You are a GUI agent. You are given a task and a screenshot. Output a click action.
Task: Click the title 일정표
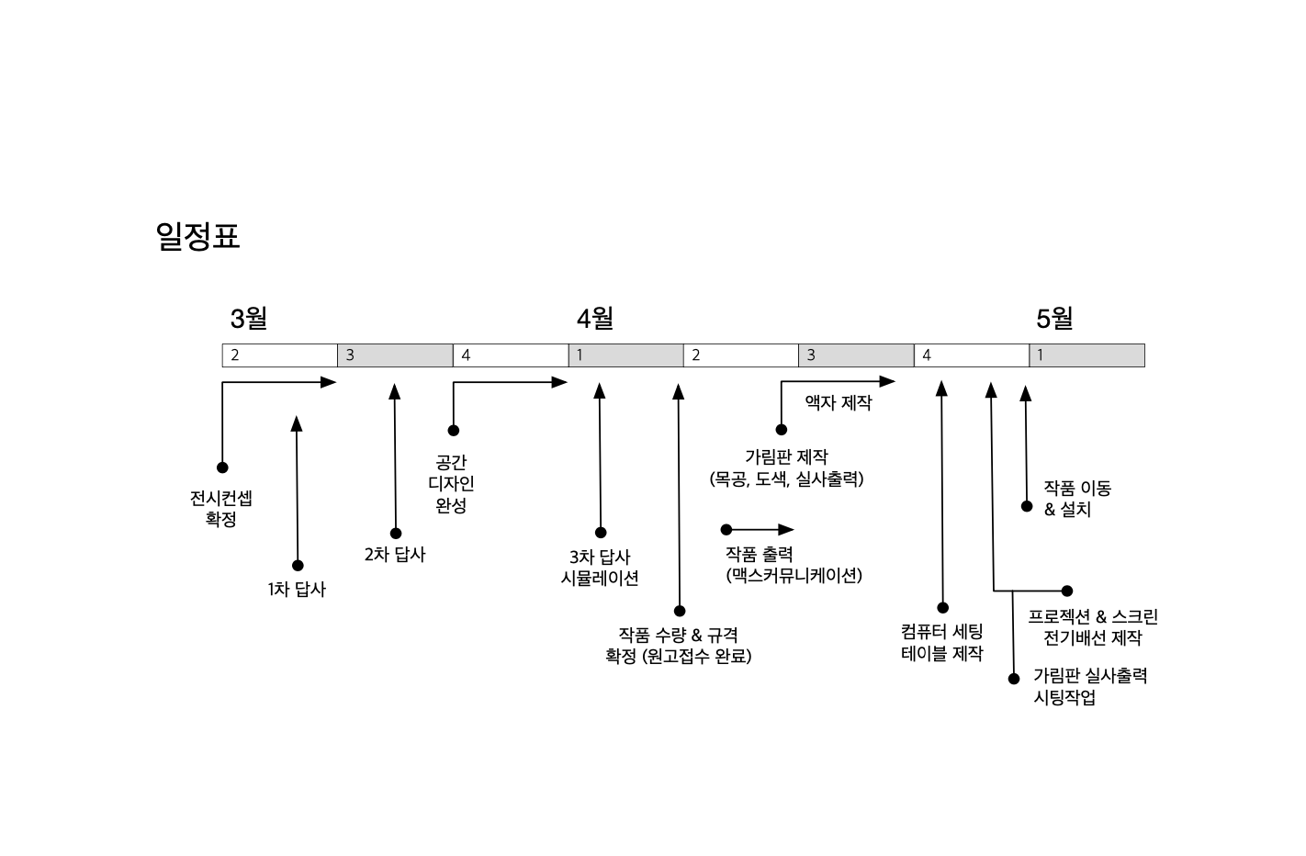click(198, 236)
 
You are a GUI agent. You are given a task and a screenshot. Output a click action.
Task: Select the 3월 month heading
click(248, 319)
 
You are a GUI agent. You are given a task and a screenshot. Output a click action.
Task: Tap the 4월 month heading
click(595, 319)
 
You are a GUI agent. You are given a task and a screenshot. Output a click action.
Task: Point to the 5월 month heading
click(1054, 319)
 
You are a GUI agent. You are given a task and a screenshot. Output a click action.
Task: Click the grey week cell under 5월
click(1086, 355)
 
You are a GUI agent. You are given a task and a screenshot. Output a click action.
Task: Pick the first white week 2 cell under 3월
click(280, 355)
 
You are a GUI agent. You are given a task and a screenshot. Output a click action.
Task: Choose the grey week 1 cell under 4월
click(625, 355)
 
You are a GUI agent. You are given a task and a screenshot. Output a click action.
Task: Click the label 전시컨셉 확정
click(221, 509)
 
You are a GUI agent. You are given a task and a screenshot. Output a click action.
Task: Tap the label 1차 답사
click(297, 590)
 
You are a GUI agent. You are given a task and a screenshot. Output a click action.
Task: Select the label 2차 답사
click(395, 555)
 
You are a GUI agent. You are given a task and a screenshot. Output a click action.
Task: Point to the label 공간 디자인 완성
click(451, 484)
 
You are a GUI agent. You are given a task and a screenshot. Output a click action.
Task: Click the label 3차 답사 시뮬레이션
click(600, 568)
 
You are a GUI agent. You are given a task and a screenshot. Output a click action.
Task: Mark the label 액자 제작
click(839, 402)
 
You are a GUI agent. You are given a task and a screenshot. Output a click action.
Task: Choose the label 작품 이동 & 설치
click(1077, 499)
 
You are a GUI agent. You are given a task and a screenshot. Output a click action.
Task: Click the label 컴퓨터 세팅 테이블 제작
click(942, 643)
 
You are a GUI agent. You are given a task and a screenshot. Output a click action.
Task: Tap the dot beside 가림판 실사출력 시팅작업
click(1014, 679)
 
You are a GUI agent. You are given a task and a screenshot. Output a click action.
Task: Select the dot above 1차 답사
click(298, 566)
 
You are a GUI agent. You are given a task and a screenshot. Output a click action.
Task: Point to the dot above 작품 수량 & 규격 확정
click(680, 611)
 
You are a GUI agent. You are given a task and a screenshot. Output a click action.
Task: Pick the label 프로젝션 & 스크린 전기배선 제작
click(1093, 627)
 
